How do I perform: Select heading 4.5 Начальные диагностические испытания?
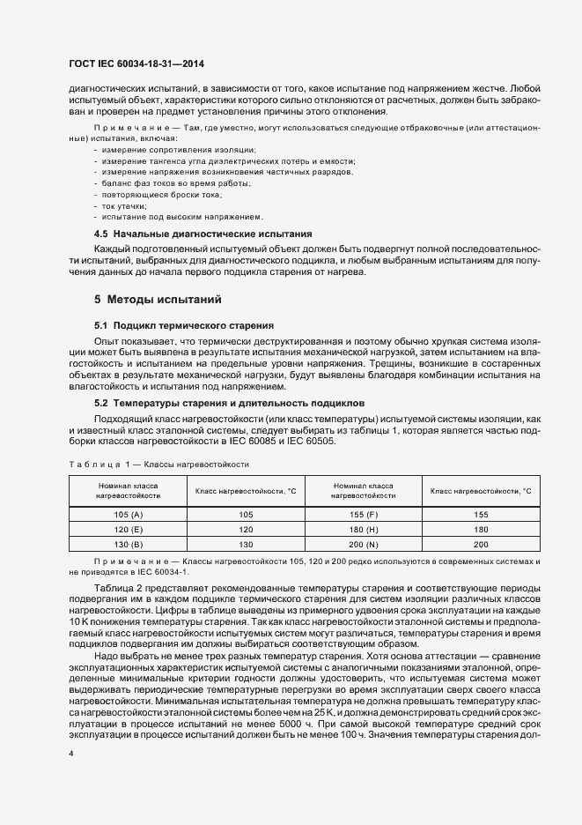(203, 234)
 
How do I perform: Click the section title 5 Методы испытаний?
(151, 299)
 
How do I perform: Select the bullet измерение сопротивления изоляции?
(154, 150)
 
